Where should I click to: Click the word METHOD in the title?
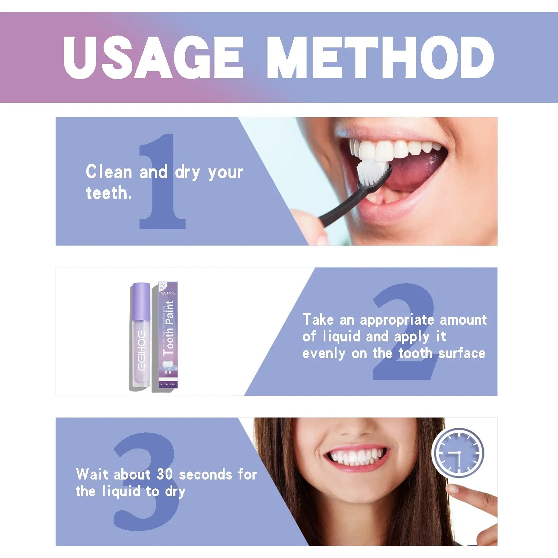click(380, 58)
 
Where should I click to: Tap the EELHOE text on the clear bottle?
click(141, 350)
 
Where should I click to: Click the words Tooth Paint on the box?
click(169, 328)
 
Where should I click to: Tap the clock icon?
click(458, 453)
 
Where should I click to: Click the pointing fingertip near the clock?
click(453, 489)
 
